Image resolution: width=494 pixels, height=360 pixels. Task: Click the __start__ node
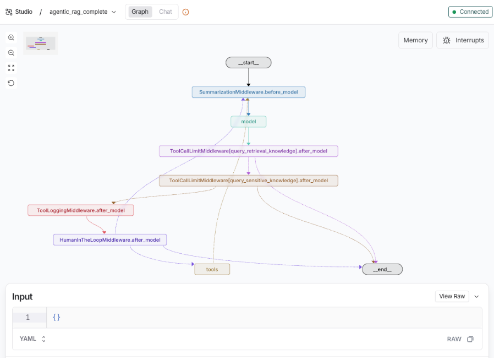pos(248,63)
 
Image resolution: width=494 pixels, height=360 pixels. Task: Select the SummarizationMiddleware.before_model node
pos(248,92)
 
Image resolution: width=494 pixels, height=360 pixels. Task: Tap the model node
pos(248,121)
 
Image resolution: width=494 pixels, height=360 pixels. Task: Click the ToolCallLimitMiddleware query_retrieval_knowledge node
pos(248,151)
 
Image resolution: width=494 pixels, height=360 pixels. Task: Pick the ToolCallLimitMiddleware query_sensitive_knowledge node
pos(248,181)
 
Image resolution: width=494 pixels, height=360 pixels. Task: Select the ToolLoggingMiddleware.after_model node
pos(80,210)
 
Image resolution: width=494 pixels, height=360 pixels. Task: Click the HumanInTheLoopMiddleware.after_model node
pos(109,240)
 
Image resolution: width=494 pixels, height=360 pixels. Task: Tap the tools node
pos(212,269)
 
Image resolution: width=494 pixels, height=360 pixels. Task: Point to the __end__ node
pos(382,269)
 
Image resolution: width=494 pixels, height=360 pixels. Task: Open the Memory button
pos(415,40)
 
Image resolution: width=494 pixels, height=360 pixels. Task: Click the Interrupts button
pos(463,40)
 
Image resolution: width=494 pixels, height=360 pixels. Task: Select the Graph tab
pos(140,12)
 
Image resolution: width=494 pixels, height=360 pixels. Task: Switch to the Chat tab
pos(165,12)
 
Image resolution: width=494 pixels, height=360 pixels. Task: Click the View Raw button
pos(452,296)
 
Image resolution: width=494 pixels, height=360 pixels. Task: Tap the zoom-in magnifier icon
pos(11,37)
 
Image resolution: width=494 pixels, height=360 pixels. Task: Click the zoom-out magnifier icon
pos(11,53)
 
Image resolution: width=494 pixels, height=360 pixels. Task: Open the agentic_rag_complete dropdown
pos(83,12)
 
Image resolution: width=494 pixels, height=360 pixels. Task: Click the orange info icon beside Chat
pos(185,12)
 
